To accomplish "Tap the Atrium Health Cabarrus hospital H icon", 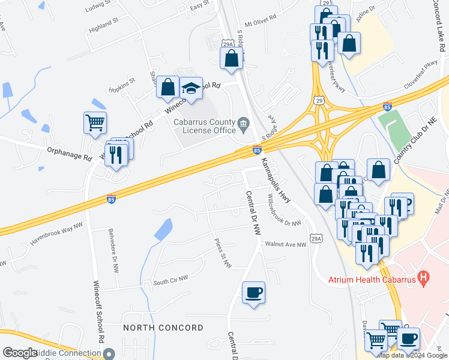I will point(424,278).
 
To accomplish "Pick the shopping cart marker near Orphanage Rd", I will point(95,123).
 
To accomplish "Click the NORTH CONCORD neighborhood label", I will point(163,328).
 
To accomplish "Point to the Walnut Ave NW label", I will point(286,244).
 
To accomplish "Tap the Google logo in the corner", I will point(20,353).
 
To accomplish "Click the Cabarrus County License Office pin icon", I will point(244,125).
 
